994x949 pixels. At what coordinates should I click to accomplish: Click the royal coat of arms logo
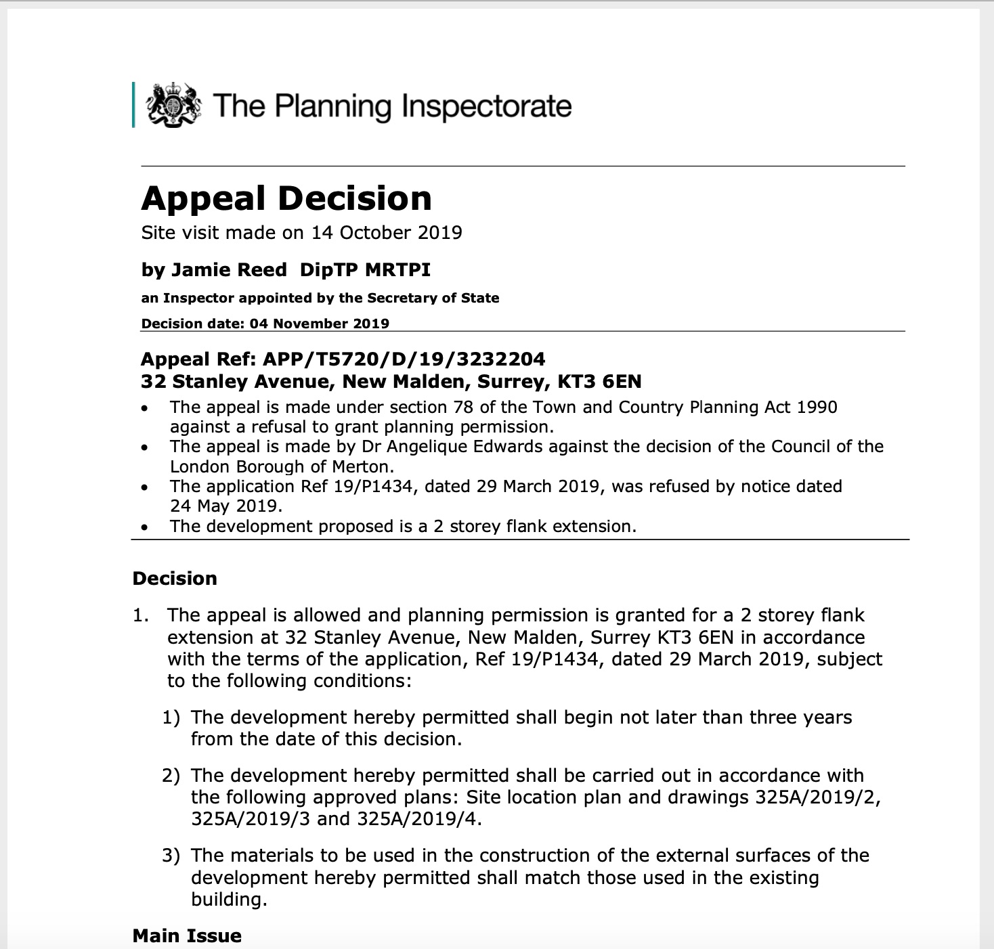click(x=174, y=105)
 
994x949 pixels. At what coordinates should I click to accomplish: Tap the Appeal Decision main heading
click(x=286, y=198)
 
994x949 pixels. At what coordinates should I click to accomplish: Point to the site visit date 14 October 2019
click(x=387, y=233)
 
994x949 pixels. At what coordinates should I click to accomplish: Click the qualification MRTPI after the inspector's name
click(x=397, y=270)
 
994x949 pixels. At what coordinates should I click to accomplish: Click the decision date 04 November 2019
click(x=319, y=324)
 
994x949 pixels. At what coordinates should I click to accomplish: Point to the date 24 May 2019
click(x=225, y=506)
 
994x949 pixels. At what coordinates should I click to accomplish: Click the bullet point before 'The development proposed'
click(x=144, y=527)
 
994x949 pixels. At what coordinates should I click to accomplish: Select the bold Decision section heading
click(x=175, y=579)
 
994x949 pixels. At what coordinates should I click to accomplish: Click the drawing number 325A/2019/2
click(x=817, y=797)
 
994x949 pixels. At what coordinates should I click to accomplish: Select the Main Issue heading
click(x=187, y=936)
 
